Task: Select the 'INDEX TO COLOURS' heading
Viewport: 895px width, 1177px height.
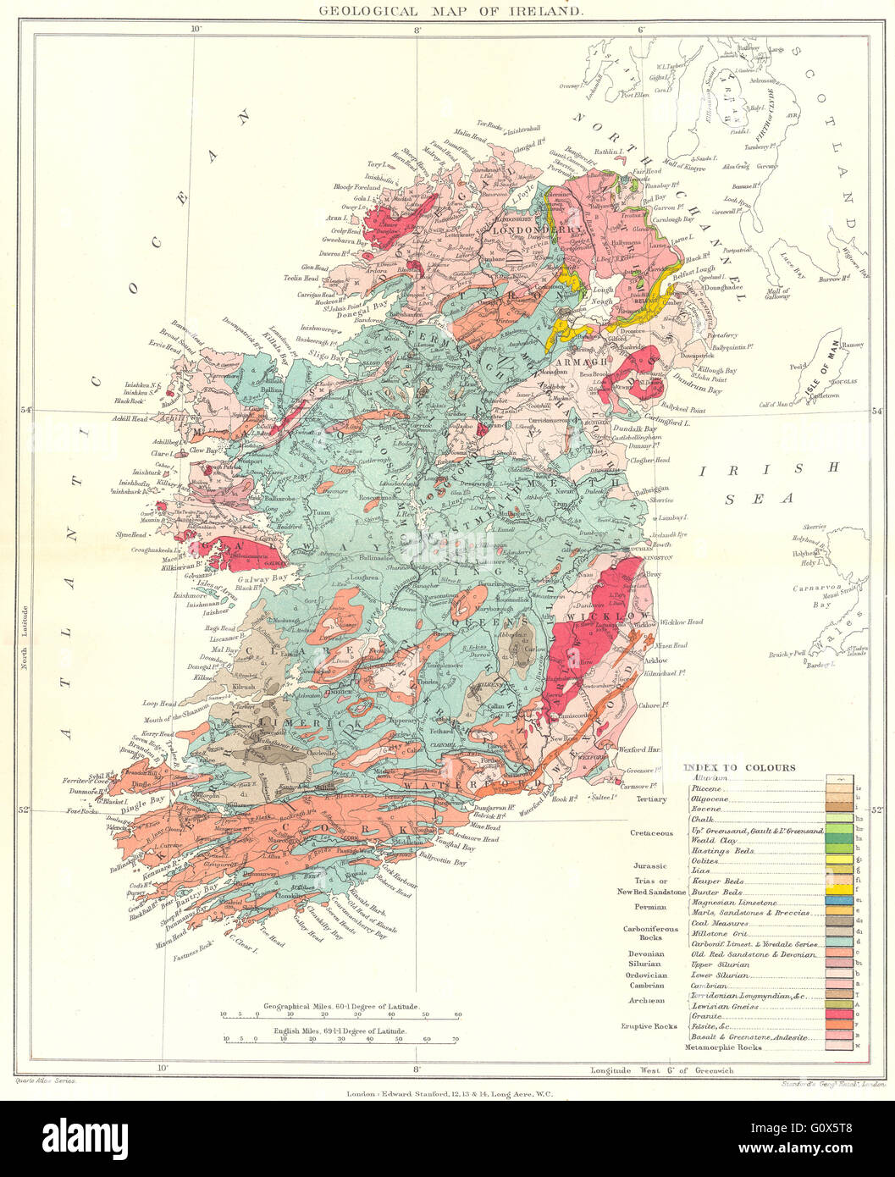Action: pyautogui.click(x=738, y=768)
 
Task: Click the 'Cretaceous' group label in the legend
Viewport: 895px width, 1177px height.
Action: pyautogui.click(x=650, y=832)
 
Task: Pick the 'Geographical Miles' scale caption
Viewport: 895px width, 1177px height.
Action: pyautogui.click(x=341, y=1004)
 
